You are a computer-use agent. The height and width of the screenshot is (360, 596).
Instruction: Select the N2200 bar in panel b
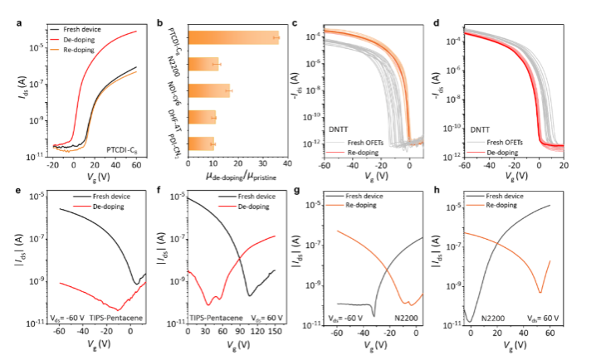204,64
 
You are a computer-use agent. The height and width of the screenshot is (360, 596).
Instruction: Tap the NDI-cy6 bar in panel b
210,90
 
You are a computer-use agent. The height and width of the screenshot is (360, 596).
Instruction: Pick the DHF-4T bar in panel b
203,117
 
